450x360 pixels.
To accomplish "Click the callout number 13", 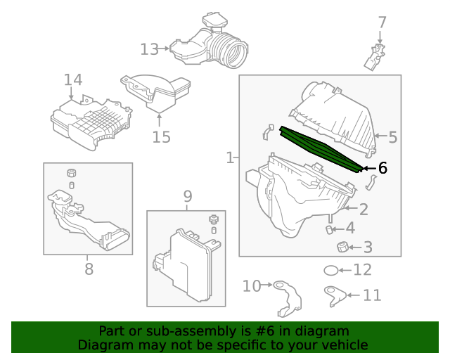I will pos(149,49).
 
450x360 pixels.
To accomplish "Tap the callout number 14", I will pos(73,81).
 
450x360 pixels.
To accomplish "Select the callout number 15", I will pos(161,136).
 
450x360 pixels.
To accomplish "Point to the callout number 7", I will pos(382,22).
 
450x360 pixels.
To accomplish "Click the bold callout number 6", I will pos(382,168).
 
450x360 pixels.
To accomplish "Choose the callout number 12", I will pos(362,270).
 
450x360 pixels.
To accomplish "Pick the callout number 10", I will pos(252,285).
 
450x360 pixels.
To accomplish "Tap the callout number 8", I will pos(89,269).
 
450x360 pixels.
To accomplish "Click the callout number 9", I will pos(188,195).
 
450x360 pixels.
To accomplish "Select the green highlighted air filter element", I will pos(320,149).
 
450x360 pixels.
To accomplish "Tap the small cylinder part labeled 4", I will pos(328,229).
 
